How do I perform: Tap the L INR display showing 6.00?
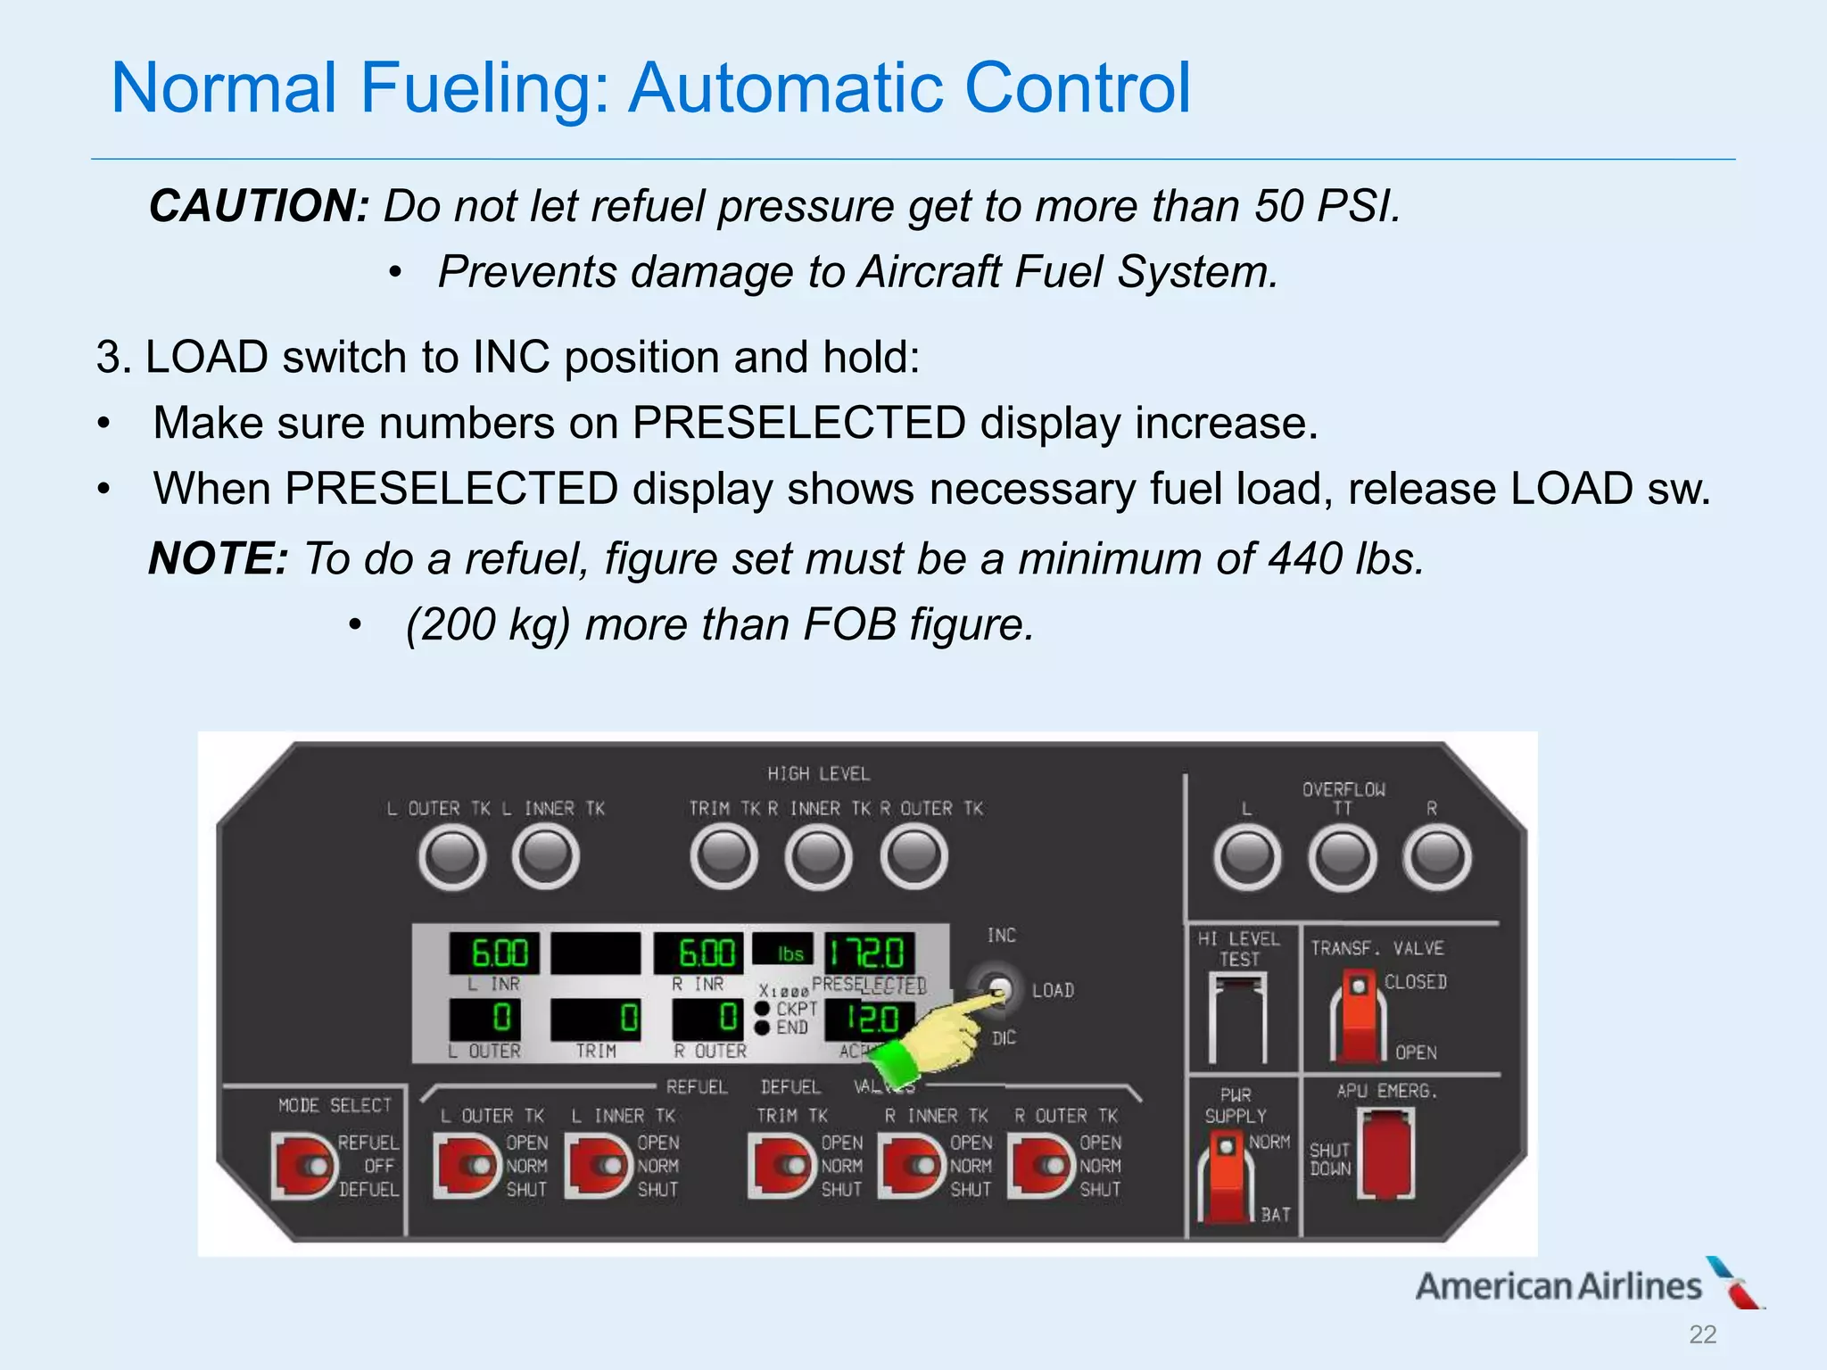(x=499, y=953)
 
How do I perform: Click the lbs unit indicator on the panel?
(x=789, y=952)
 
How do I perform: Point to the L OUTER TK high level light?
(x=452, y=856)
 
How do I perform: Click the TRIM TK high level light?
(x=723, y=856)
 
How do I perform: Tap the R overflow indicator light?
(x=1436, y=856)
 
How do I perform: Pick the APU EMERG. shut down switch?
(x=1385, y=1153)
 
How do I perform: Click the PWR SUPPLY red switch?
(x=1228, y=1173)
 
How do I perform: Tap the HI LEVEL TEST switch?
(x=1238, y=1017)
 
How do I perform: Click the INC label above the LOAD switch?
(x=1001, y=935)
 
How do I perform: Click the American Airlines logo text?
(x=1558, y=1286)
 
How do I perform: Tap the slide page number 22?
(x=1702, y=1334)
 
